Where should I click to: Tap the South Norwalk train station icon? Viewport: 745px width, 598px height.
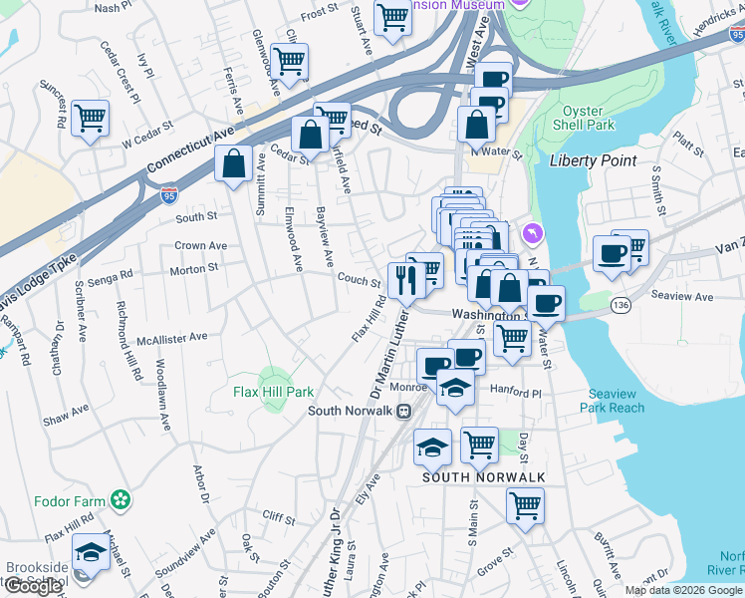coord(404,411)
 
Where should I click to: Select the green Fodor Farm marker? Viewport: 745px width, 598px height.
coord(122,498)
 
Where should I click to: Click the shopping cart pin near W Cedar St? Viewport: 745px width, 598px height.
coord(91,119)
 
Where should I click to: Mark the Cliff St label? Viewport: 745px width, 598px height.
coord(279,519)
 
